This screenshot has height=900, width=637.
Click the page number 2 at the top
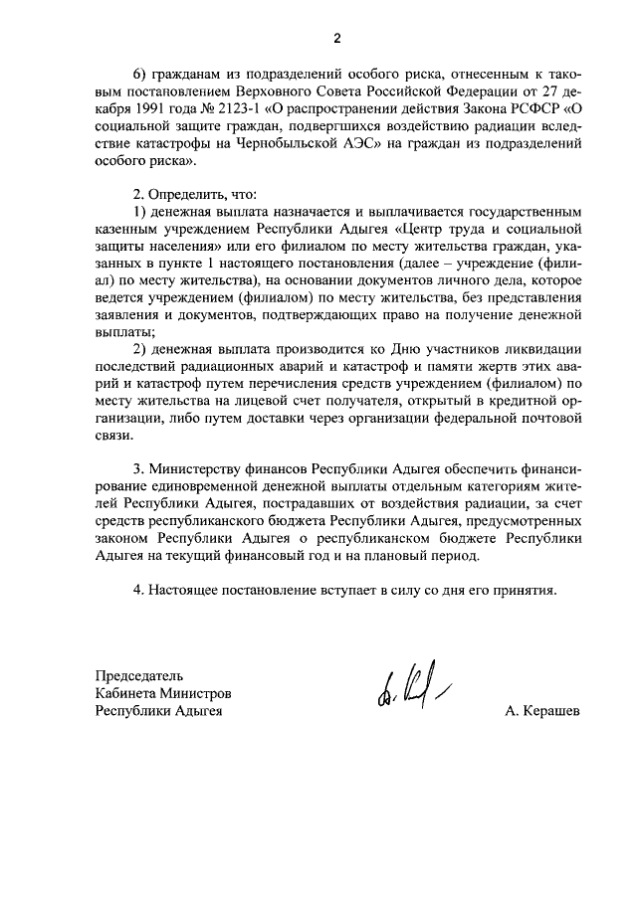point(336,39)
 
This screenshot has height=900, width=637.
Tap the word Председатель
point(139,674)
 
